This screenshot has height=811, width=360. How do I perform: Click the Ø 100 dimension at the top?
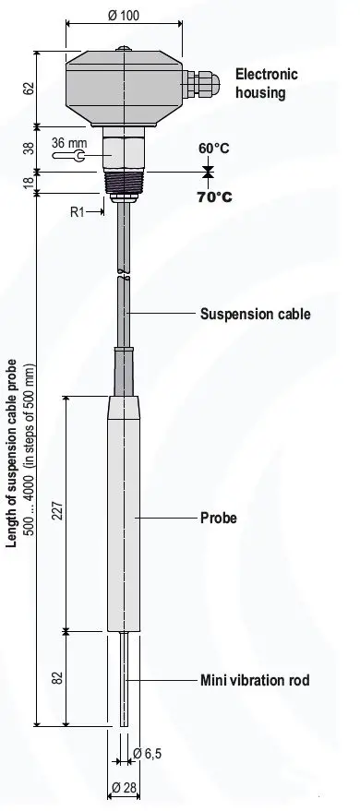pyautogui.click(x=123, y=17)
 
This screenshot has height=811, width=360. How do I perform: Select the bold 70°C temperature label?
pyautogui.click(x=213, y=197)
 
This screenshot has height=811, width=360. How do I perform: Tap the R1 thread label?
pyautogui.click(x=78, y=212)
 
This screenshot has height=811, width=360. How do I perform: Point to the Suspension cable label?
pyautogui.click(x=256, y=314)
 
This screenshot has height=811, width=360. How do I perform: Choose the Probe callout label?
pyautogui.click(x=219, y=518)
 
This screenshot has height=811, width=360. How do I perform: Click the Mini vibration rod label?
pyautogui.click(x=255, y=682)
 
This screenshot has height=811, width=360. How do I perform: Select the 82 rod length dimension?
pyautogui.click(x=56, y=679)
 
